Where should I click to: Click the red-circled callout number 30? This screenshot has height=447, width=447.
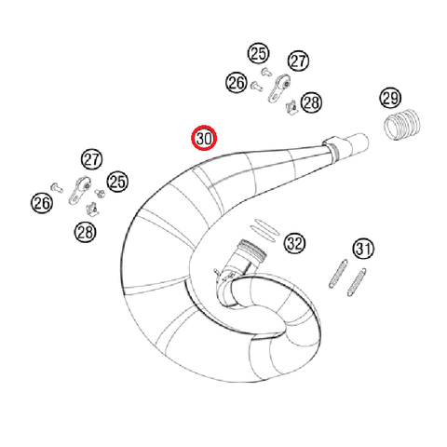203,140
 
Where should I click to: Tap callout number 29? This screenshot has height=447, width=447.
390,99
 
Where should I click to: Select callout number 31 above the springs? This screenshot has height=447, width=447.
362,249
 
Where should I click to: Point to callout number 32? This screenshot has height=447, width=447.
294,244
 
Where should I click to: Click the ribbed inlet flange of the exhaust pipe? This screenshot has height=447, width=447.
249,251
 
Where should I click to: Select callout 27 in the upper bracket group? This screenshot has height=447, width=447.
297,61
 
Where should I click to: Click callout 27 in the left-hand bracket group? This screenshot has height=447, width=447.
90,159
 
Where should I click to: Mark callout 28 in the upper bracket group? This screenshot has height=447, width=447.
310,102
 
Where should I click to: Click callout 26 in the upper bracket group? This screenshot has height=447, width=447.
236,84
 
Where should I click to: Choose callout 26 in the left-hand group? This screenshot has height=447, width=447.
41,202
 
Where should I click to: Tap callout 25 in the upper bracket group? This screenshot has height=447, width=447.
257,53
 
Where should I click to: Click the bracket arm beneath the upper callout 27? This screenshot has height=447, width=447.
278,89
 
